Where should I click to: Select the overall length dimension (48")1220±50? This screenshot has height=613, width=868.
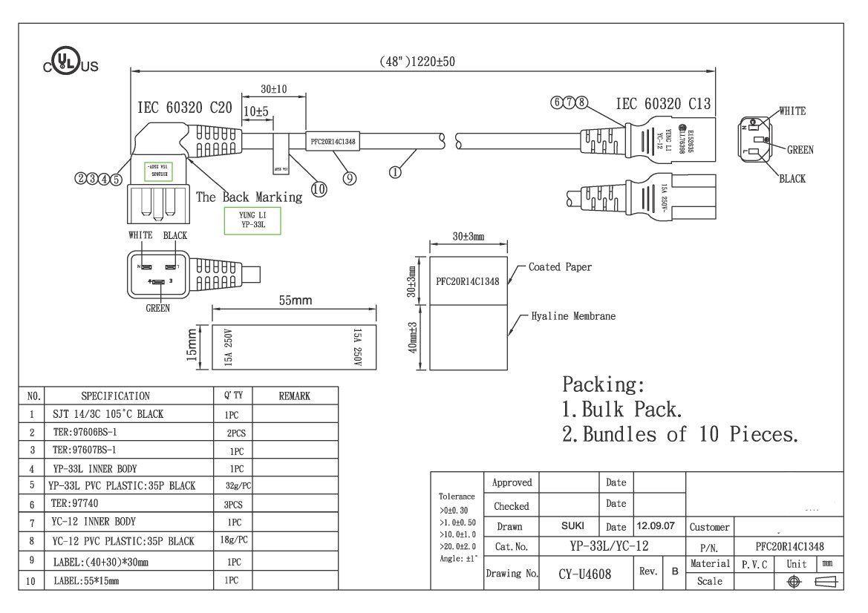tap(415, 62)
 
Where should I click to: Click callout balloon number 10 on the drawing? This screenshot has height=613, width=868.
tap(319, 189)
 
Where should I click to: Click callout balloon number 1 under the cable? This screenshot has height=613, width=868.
tap(395, 172)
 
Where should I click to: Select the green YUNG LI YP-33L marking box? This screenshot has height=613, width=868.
tap(252, 220)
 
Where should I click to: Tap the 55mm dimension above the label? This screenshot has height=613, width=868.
tap(295, 301)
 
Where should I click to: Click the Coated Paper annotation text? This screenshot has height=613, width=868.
tap(560, 267)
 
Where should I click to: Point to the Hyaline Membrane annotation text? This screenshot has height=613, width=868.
tap(573, 316)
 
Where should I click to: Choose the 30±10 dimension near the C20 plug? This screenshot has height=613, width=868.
tap(274, 90)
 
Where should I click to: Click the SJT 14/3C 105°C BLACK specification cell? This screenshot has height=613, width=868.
tap(108, 414)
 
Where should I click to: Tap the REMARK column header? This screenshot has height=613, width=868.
tap(294, 396)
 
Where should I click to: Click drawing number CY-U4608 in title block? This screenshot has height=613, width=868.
tap(584, 575)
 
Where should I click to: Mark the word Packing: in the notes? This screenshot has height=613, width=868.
tap(604, 384)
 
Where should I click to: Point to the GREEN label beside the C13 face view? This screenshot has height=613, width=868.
tap(800, 150)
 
